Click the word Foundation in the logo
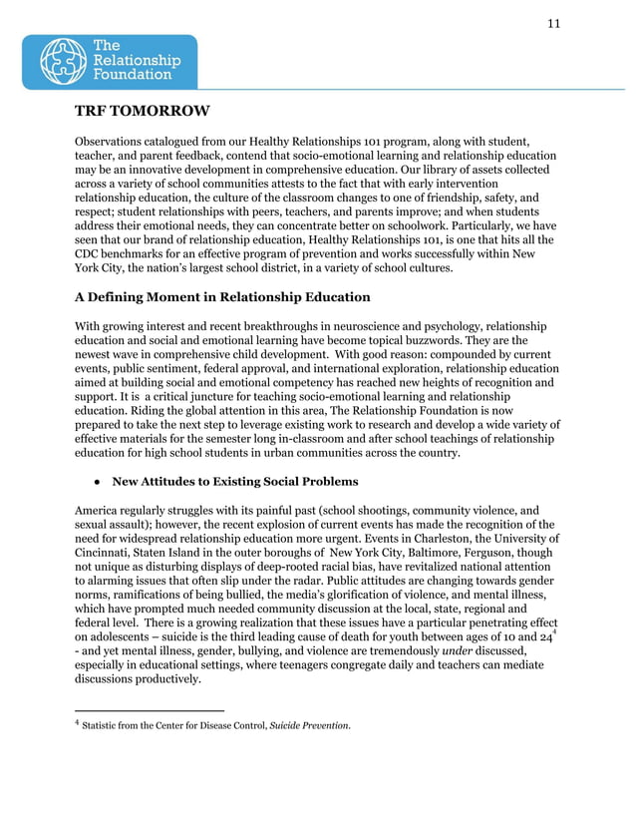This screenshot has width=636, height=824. [x=131, y=75]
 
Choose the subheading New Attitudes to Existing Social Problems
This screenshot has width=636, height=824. [x=234, y=482]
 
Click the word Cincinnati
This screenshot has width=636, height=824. [x=109, y=552]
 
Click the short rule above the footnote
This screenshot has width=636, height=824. [x=150, y=711]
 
